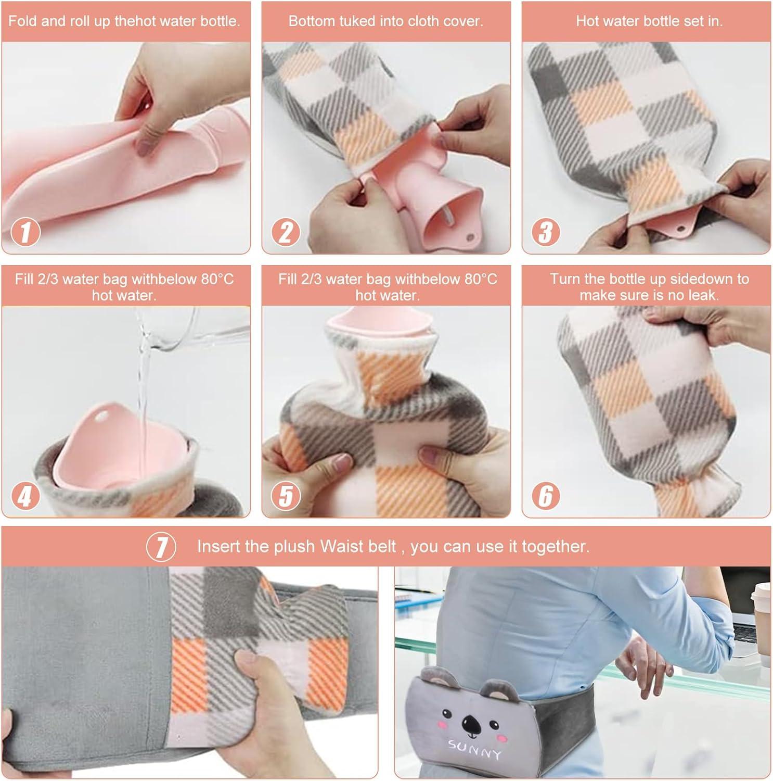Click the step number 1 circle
25,232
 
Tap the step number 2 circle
286,232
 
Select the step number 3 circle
545,232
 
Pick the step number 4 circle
25,496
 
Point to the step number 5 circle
286,496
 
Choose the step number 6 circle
545,496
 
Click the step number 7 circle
161,547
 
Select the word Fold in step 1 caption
21,21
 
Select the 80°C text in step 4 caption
218,279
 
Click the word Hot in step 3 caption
586,21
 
